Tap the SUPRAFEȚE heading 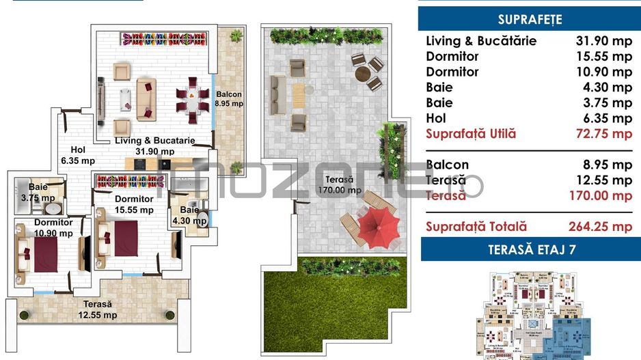click(x=530, y=19)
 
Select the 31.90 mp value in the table click(x=603, y=41)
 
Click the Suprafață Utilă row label click(x=471, y=134)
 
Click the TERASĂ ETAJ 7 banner click(x=530, y=249)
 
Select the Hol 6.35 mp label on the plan click(x=78, y=156)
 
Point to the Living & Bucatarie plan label click(x=154, y=146)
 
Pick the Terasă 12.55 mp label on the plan click(x=98, y=309)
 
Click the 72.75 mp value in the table click(x=603, y=134)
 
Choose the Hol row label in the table click(x=435, y=118)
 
